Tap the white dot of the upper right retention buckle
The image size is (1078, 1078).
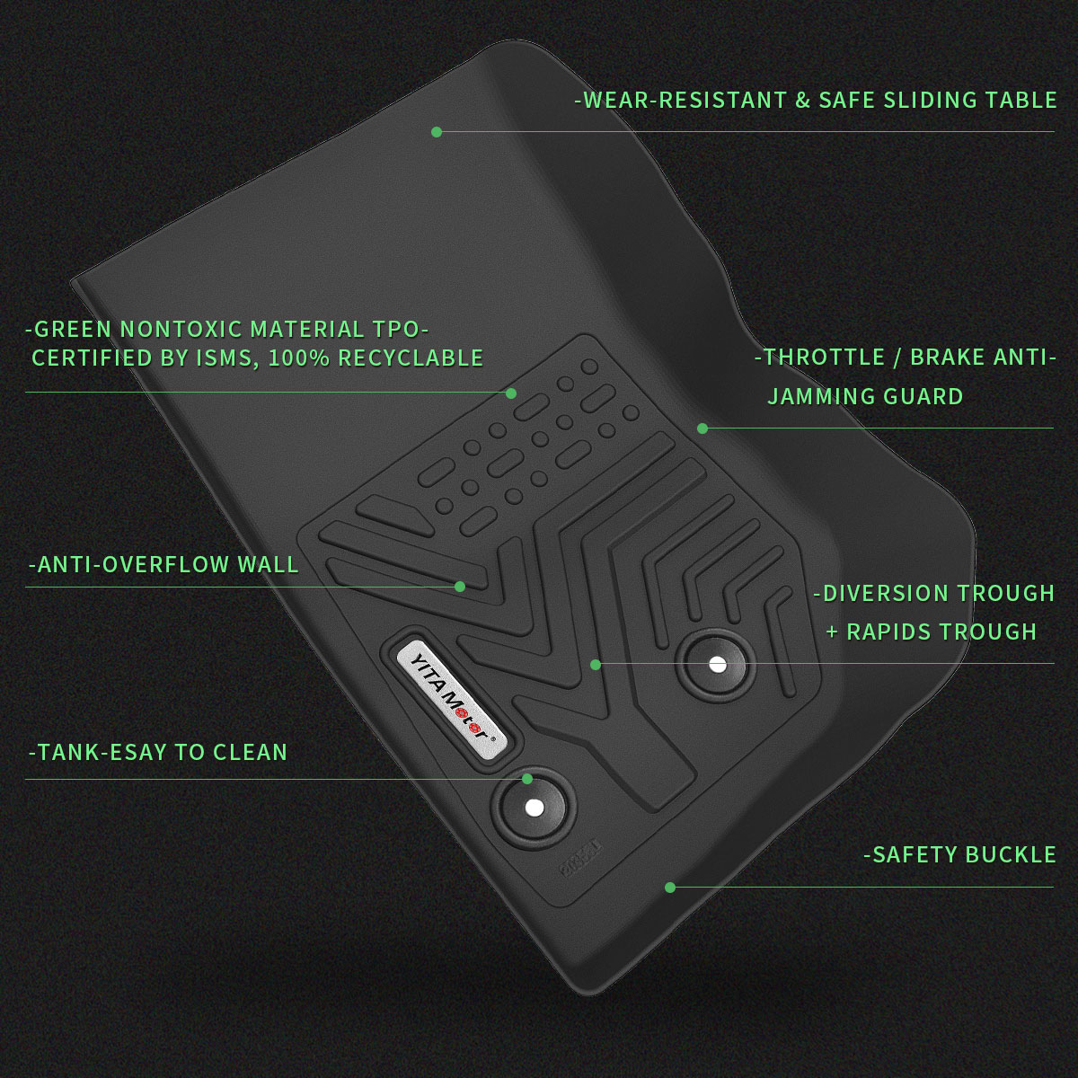[x=717, y=665]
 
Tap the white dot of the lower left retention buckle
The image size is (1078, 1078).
[x=534, y=808]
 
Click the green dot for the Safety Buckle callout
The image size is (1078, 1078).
[x=669, y=888]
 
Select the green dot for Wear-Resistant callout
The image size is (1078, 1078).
[x=437, y=132]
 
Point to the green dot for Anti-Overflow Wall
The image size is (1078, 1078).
[x=460, y=587]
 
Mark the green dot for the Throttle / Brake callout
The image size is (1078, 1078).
[x=702, y=429]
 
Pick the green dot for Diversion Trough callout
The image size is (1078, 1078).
[x=596, y=665]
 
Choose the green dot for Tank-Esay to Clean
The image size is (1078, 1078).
[x=527, y=779]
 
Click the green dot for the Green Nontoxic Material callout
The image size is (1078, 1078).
[x=511, y=393]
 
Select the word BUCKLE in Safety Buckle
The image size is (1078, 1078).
[x=1011, y=855]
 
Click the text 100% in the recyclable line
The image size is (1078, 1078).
[x=299, y=358]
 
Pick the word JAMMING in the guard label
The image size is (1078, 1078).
[x=812, y=397]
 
